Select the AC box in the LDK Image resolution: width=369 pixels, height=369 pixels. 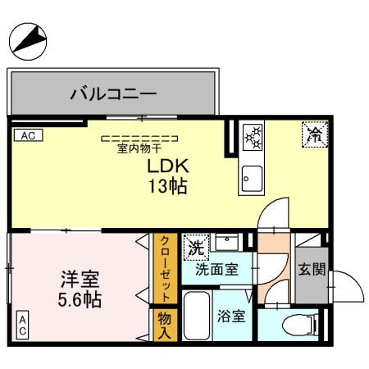pos(26,135)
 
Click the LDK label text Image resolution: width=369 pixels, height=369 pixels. pos(167,166)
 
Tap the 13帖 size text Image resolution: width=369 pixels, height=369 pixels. pos(167,187)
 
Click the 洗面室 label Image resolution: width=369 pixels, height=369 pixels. pos(216,268)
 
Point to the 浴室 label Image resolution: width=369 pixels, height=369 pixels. pos(231,316)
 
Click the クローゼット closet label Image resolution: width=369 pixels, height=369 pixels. pos(165,268)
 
